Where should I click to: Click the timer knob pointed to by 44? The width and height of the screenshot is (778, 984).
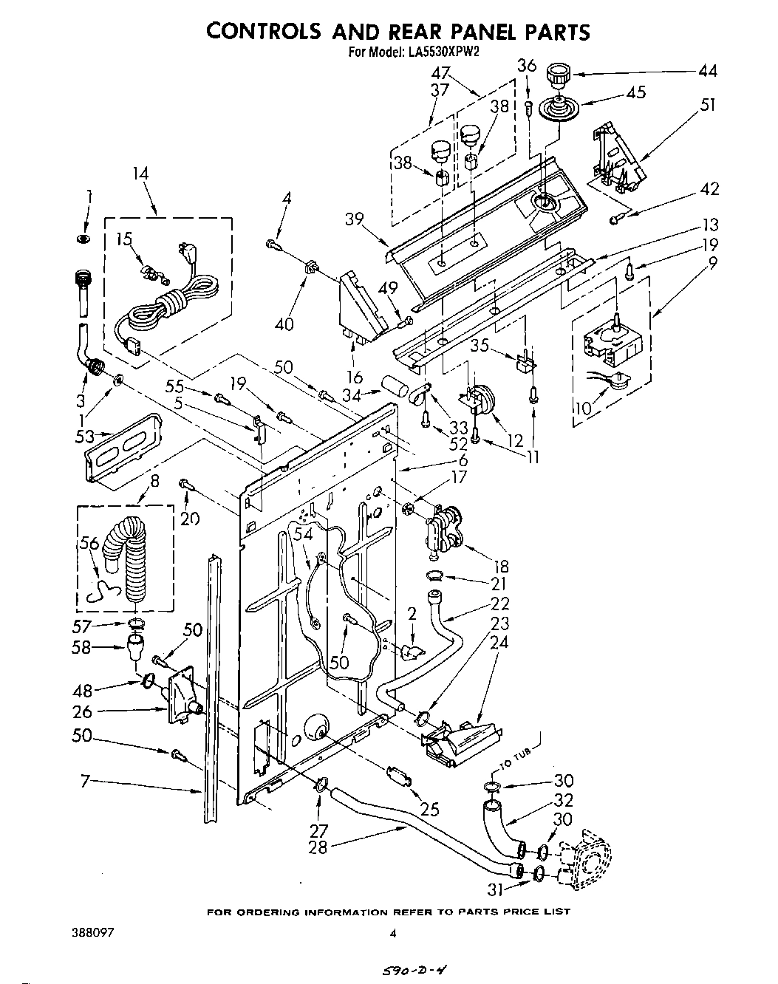pos(559,75)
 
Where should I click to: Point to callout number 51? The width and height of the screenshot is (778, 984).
pos(708,105)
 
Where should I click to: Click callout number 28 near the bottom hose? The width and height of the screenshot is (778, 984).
pos(318,848)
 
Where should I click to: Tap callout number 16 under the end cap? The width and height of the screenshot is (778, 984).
pos(355,378)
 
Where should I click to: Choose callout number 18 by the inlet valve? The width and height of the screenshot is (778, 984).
pos(501,567)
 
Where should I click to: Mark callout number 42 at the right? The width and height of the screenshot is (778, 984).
pos(709,189)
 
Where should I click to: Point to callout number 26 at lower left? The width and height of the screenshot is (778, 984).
pos(83,711)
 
